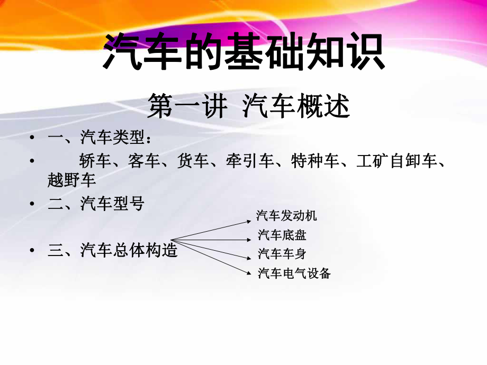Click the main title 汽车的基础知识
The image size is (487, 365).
pyautogui.click(x=243, y=52)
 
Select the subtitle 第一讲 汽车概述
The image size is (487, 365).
pyautogui.click(x=249, y=106)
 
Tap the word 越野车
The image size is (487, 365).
pyautogui.click(x=72, y=180)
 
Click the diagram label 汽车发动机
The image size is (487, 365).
pyautogui.click(x=287, y=216)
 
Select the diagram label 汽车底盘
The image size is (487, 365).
pyautogui.click(x=282, y=235)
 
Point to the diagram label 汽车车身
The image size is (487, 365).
pyautogui.click(x=282, y=254)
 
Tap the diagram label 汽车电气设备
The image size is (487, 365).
pyautogui.click(x=294, y=273)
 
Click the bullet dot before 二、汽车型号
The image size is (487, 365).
pyautogui.click(x=33, y=204)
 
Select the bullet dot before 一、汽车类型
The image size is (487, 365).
pyautogui.click(x=33, y=139)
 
